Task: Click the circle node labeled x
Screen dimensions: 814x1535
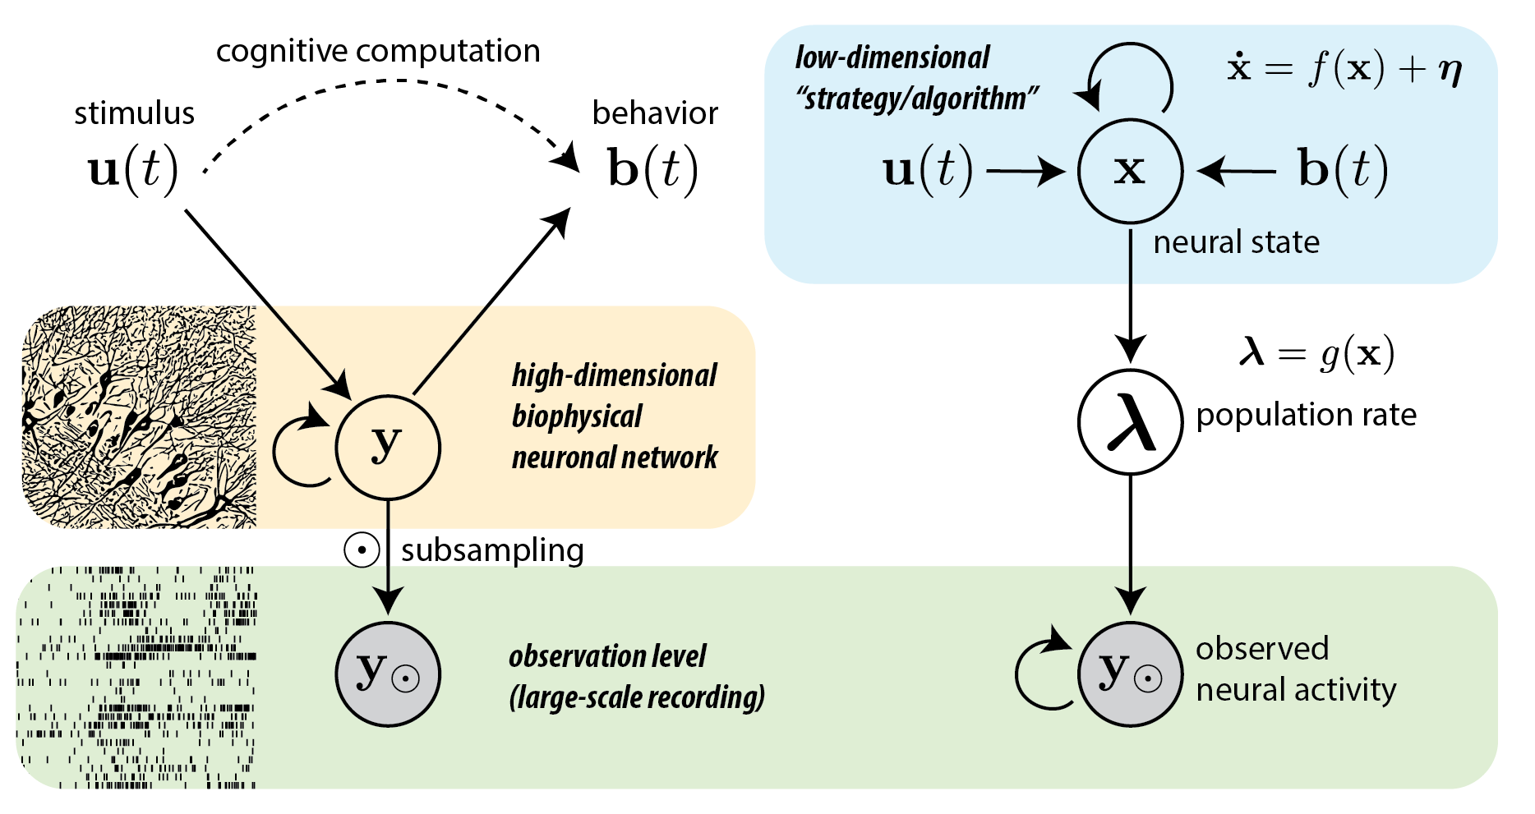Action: point(1130,171)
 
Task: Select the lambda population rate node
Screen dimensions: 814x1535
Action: point(1130,421)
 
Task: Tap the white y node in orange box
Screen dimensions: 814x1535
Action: point(388,447)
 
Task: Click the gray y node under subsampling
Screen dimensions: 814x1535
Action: point(388,674)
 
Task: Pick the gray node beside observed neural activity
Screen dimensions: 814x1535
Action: point(1130,674)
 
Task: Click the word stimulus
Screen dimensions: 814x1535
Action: point(134,113)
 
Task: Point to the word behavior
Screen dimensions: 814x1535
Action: point(655,113)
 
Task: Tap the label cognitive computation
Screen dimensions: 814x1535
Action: point(378,51)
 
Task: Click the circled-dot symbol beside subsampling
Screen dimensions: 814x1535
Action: point(362,550)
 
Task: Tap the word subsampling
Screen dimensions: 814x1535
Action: point(492,550)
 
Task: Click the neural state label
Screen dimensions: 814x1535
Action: point(1236,242)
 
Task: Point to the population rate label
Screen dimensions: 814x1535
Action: point(1306,415)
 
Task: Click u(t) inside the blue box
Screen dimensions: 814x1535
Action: point(928,171)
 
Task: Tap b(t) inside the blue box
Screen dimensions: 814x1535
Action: point(1343,171)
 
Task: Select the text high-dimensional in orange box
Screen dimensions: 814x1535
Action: point(614,375)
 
